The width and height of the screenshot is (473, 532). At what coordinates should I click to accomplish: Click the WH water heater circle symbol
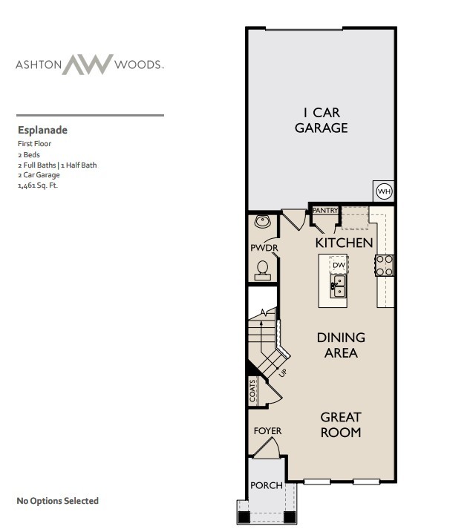point(384,191)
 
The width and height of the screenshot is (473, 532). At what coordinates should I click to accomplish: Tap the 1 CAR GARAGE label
point(321,120)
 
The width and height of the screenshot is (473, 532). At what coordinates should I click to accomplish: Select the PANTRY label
point(325,211)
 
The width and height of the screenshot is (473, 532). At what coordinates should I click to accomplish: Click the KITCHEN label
point(344,243)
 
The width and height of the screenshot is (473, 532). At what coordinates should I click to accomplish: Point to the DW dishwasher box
point(339,265)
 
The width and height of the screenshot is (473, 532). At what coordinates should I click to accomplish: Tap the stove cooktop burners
point(385,265)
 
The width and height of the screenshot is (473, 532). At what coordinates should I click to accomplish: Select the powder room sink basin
point(261,221)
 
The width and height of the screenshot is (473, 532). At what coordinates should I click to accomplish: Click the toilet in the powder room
point(262,269)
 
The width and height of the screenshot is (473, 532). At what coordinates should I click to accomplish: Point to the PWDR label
point(261,247)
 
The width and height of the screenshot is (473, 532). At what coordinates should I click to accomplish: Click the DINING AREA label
point(341,345)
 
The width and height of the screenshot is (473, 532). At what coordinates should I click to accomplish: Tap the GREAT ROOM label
point(341,424)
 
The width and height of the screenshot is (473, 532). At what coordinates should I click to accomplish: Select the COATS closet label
point(253,390)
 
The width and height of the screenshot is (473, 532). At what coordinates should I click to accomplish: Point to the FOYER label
point(267,431)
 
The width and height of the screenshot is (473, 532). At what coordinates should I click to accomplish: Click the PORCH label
point(266,486)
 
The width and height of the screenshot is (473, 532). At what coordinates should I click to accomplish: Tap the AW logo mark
point(88,65)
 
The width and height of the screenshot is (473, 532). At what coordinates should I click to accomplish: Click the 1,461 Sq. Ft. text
point(37,185)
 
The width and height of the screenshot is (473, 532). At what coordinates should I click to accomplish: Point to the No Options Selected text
point(57,501)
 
